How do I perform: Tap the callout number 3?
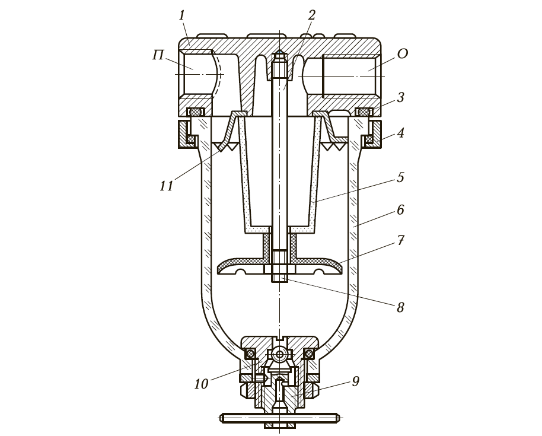pyautogui.click(x=400, y=97)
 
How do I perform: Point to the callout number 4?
pyautogui.click(x=400, y=133)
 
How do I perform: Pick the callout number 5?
pyautogui.click(x=400, y=177)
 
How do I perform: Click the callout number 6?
pyautogui.click(x=400, y=210)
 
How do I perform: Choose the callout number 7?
pyautogui.click(x=400, y=240)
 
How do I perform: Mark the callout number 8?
pyautogui.click(x=400, y=307)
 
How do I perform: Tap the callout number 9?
pyautogui.click(x=355, y=381)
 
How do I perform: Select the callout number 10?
pyautogui.click(x=201, y=384)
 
